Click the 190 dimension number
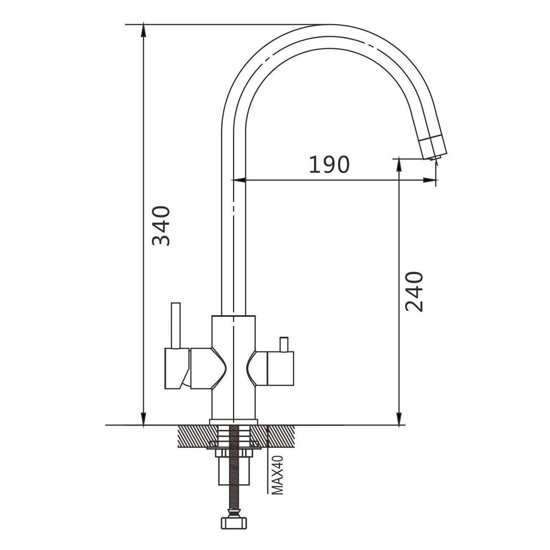(329, 165)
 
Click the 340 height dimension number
(161, 226)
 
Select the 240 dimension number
(414, 291)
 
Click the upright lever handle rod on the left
(176, 325)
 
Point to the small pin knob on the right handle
(284, 344)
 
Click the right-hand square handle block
(280, 368)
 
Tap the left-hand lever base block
(177, 368)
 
